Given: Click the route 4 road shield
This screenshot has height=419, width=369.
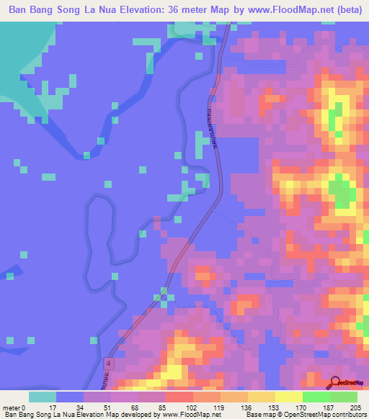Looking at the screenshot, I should click(x=108, y=364).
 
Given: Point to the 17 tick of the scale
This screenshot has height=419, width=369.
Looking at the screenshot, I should click(x=43, y=407).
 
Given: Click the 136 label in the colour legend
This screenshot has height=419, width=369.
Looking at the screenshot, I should click(x=234, y=407).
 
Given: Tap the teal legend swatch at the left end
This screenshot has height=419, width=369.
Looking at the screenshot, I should click(x=43, y=397).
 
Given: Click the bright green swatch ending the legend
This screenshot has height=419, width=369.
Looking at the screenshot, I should click(x=344, y=397).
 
